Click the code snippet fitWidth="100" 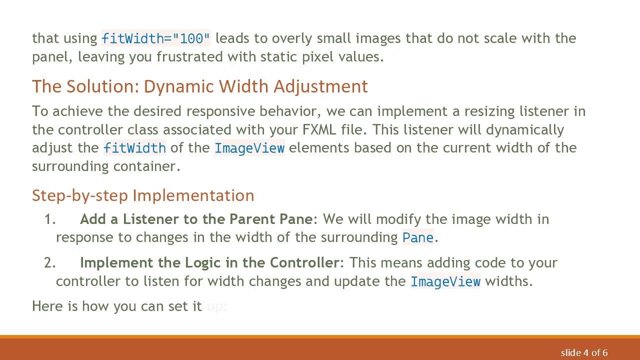[x=156, y=38]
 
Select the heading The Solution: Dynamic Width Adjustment [x=199, y=86]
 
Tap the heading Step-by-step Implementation [x=143, y=195]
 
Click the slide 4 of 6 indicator [x=584, y=353]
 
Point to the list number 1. [x=49, y=219]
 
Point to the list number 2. [x=49, y=263]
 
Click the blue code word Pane [x=417, y=237]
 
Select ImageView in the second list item [x=445, y=281]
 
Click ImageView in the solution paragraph [x=249, y=148]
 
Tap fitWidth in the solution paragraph [x=134, y=148]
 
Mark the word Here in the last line [x=47, y=306]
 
